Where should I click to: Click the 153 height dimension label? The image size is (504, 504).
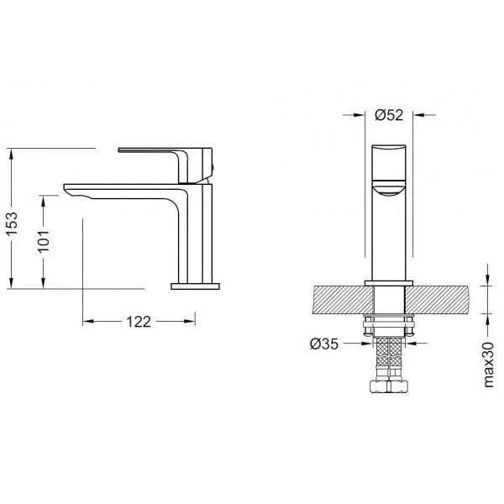click(13, 223)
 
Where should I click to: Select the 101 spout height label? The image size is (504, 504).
click(44, 241)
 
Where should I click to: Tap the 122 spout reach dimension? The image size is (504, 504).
click(139, 322)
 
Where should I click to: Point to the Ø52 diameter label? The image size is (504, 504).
click(389, 115)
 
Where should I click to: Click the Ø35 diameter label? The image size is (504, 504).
click(324, 344)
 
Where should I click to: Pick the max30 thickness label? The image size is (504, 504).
click(488, 365)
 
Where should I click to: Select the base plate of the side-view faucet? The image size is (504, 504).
click(195, 286)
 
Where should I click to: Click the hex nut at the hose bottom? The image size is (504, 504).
click(389, 386)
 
